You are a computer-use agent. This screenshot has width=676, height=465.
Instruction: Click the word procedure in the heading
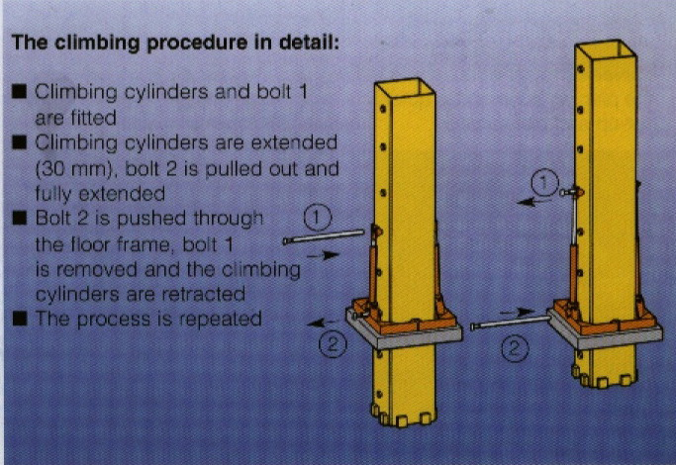coord(197,44)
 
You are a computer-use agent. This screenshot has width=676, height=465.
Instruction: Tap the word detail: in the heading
coord(309,43)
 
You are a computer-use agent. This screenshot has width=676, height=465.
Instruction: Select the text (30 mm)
coord(77,169)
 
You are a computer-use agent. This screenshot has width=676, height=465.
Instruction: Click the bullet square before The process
coord(20,320)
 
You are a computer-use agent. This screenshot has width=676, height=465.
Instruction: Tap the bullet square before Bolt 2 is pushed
coord(20,218)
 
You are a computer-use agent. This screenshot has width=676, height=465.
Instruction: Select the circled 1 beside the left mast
coord(318,218)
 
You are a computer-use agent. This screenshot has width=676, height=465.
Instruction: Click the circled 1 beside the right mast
coord(544,182)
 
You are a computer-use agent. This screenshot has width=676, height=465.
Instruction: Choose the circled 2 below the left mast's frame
coord(333,344)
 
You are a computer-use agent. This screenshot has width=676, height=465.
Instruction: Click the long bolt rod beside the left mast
coord(324,237)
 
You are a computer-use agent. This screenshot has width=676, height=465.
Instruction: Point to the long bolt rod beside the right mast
coord(511,323)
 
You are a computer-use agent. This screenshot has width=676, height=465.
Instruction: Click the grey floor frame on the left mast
coord(405,332)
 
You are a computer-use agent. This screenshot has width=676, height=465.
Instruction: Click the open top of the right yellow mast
coord(606,50)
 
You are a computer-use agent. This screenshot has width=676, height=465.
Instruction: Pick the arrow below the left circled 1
coord(323,256)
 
